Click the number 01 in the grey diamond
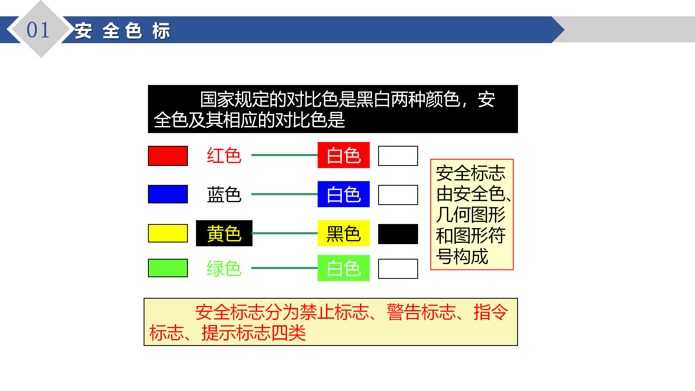click(38, 30)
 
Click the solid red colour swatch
click(168, 156)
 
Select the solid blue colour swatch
click(168, 194)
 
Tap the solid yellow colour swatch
click(168, 233)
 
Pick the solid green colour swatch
click(168, 268)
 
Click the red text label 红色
click(224, 156)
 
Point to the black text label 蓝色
click(224, 194)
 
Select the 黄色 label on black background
click(224, 233)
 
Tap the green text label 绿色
click(224, 268)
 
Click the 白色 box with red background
click(344, 155)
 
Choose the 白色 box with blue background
click(344, 194)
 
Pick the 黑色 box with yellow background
click(344, 233)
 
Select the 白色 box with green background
click(344, 268)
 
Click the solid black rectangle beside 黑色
click(398, 234)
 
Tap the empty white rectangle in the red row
click(398, 156)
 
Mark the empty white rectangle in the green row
click(398, 269)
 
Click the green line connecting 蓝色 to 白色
click(285, 194)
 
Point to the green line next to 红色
click(285, 155)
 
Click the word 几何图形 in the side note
click(470, 215)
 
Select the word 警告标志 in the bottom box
click(421, 312)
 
